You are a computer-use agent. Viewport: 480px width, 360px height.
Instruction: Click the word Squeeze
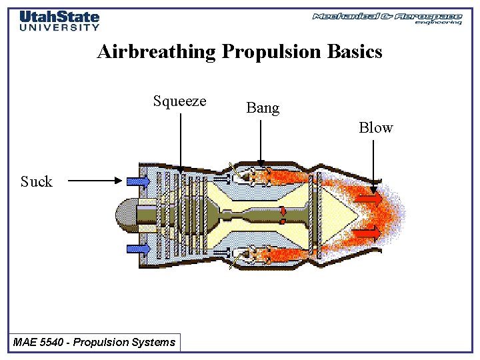point(179,101)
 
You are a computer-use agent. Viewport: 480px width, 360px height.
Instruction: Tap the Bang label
point(263,108)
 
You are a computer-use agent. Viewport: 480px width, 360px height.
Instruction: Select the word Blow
point(376,128)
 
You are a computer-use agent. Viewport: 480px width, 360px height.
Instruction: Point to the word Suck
point(36,181)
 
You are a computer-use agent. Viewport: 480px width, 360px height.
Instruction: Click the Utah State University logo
point(59,21)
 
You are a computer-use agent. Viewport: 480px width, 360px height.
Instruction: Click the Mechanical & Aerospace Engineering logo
point(387,18)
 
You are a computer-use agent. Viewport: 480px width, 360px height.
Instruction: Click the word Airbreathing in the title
point(156,52)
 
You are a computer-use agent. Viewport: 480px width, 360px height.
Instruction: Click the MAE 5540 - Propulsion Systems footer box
point(94,343)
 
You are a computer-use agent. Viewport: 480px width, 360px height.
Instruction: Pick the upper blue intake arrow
point(138,181)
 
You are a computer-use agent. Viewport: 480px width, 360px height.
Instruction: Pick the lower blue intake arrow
point(138,248)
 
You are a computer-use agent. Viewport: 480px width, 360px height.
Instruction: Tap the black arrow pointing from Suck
point(93,180)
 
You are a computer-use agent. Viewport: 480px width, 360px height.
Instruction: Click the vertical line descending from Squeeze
point(181,140)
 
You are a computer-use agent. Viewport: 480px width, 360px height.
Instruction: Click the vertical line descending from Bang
point(261,140)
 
